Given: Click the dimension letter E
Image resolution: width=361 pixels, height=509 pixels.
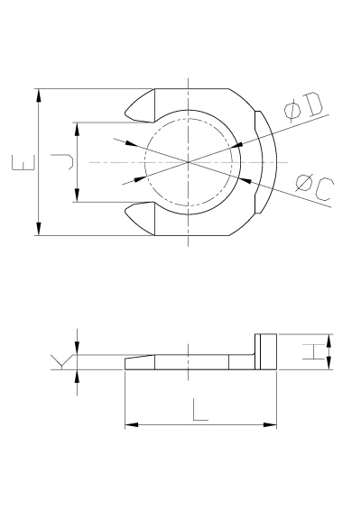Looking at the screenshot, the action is coord(23,163).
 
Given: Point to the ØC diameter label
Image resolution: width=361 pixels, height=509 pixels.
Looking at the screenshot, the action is coord(315,188).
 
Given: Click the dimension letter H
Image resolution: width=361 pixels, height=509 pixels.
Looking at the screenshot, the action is coord(314,352).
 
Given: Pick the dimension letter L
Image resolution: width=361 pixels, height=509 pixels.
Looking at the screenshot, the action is coord(200,410).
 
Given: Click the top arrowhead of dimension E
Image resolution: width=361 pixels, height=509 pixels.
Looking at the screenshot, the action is coord(39,95).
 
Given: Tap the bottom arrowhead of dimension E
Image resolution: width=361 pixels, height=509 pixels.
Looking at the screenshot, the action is coord(39,229).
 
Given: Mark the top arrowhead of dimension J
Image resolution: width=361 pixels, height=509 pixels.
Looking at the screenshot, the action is coord(77,129).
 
